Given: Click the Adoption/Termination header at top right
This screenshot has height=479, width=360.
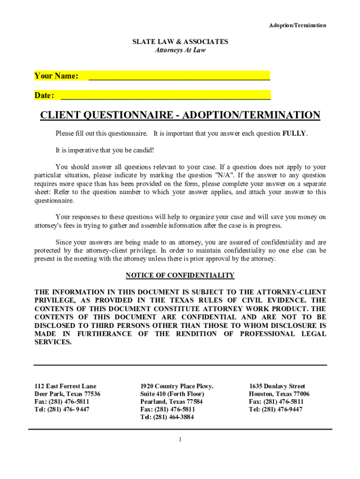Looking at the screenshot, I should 297,25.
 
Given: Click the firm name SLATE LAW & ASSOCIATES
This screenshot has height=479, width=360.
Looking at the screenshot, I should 180,42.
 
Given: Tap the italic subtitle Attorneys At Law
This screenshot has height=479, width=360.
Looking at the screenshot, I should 180,50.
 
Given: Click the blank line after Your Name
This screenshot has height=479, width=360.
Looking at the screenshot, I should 179,76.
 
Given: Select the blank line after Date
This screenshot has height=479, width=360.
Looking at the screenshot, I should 166,96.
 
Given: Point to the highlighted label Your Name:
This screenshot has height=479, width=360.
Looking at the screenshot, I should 56,76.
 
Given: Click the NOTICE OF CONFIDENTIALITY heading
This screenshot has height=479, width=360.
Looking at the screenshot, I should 180,275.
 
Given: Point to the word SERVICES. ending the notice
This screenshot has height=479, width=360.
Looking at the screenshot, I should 53,342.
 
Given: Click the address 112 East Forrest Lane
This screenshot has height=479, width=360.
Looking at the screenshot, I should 65,386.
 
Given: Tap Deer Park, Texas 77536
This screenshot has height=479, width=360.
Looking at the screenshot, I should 67,394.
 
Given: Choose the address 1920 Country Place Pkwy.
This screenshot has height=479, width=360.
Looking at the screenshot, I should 177,386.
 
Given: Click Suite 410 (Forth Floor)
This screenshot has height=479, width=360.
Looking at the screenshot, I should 172,394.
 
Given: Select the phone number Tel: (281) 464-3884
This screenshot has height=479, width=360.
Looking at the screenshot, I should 167,417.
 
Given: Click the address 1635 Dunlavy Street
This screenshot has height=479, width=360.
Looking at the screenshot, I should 277,386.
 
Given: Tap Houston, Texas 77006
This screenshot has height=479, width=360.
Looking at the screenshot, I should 279,394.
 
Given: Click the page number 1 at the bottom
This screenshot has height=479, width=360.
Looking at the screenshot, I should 180,440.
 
